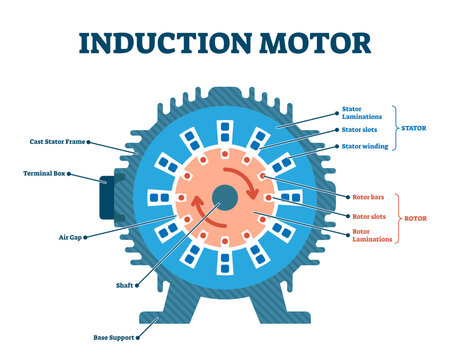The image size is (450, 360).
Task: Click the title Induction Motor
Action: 224,43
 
